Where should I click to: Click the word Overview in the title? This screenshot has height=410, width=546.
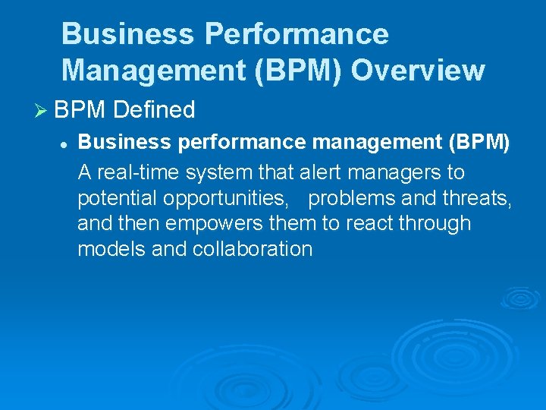418,70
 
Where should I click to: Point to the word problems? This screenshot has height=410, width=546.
352,198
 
